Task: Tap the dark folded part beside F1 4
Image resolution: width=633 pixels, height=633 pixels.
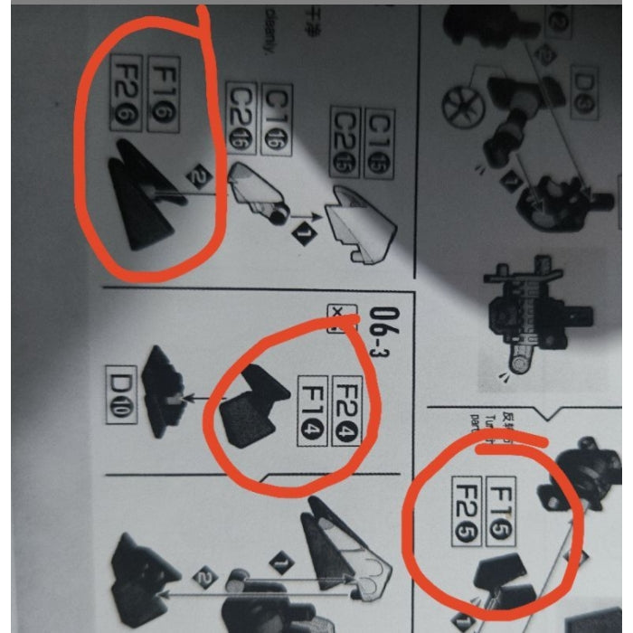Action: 250,408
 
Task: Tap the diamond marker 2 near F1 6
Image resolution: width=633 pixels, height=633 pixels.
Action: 199,174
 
